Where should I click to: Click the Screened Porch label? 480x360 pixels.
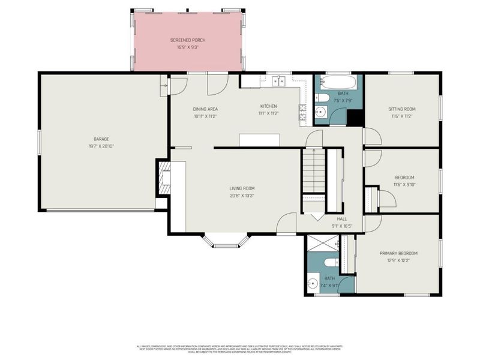[188, 40]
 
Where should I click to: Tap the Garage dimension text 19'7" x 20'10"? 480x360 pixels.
[101, 146]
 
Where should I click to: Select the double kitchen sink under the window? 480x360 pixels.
[276, 82]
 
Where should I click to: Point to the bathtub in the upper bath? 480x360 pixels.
[339, 82]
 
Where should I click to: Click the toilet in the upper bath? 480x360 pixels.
[322, 98]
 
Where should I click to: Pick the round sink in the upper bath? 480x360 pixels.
[320, 112]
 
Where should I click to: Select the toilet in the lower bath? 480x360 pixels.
[329, 262]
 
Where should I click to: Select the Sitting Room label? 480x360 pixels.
[401, 109]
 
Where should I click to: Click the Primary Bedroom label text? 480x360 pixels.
[398, 253]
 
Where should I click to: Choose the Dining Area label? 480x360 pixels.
[205, 109]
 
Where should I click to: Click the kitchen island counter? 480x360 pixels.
[259, 140]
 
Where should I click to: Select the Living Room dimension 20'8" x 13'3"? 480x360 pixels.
[242, 196]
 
